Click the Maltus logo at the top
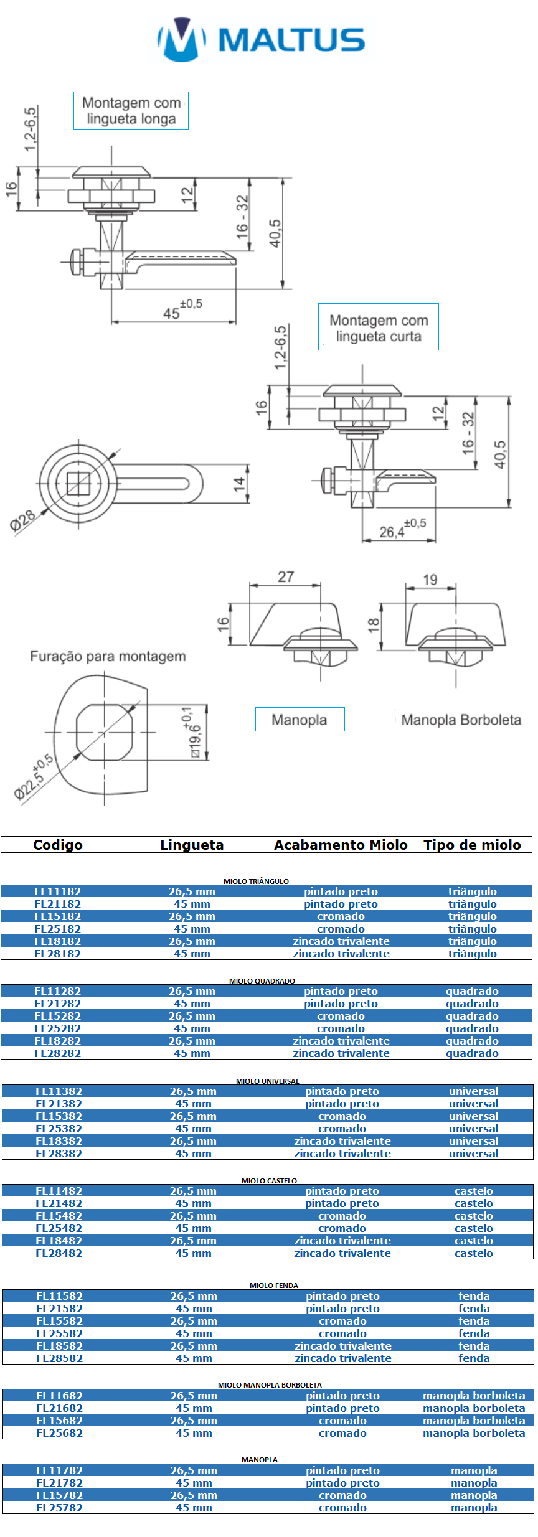tap(262, 39)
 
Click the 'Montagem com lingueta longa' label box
tap(131, 111)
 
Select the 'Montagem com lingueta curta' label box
tap(379, 327)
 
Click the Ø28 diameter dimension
tap(23, 519)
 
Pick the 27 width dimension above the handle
tap(286, 576)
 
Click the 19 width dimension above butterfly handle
tap(430, 580)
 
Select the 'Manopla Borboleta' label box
tap(462, 720)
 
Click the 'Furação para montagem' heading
tap(108, 656)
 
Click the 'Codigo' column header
tap(58, 845)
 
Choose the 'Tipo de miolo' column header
tap(472, 845)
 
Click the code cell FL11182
tap(57, 891)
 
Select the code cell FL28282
tap(57, 1053)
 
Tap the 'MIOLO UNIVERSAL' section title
tap(268, 1081)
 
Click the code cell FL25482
tap(59, 1228)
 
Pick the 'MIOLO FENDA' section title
tap(274, 1286)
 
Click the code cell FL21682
tap(59, 1408)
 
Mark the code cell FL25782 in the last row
tap(59, 1508)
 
